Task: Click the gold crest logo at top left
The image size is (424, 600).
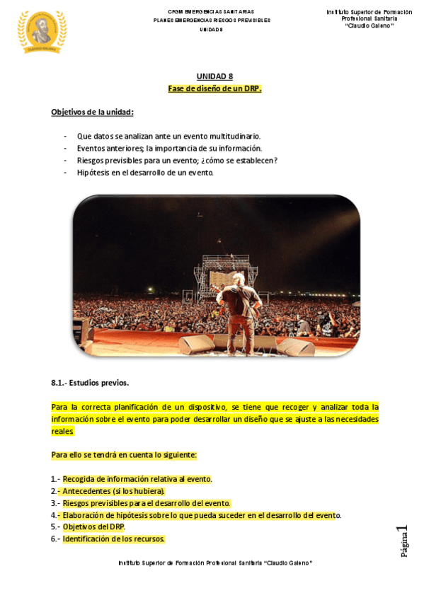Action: pyautogui.click(x=42, y=31)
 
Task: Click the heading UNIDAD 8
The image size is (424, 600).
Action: pyautogui.click(x=214, y=76)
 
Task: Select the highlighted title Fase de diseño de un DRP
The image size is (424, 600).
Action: pyautogui.click(x=214, y=88)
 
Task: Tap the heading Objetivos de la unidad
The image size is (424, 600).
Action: pyautogui.click(x=92, y=112)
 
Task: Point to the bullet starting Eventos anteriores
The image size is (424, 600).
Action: pyautogui.click(x=169, y=148)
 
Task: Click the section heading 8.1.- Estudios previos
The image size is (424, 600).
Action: pyautogui.click(x=90, y=383)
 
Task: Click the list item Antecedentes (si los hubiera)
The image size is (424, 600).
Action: pyautogui.click(x=113, y=490)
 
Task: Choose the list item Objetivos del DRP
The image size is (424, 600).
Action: pyautogui.click(x=93, y=526)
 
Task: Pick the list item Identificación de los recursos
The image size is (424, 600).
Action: pyautogui.click(x=113, y=538)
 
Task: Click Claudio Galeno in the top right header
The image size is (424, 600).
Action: pyautogui.click(x=369, y=25)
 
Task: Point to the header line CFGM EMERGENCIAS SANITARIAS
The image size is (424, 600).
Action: pyautogui.click(x=211, y=12)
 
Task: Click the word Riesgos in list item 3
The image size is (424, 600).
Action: pyautogui.click(x=76, y=502)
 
